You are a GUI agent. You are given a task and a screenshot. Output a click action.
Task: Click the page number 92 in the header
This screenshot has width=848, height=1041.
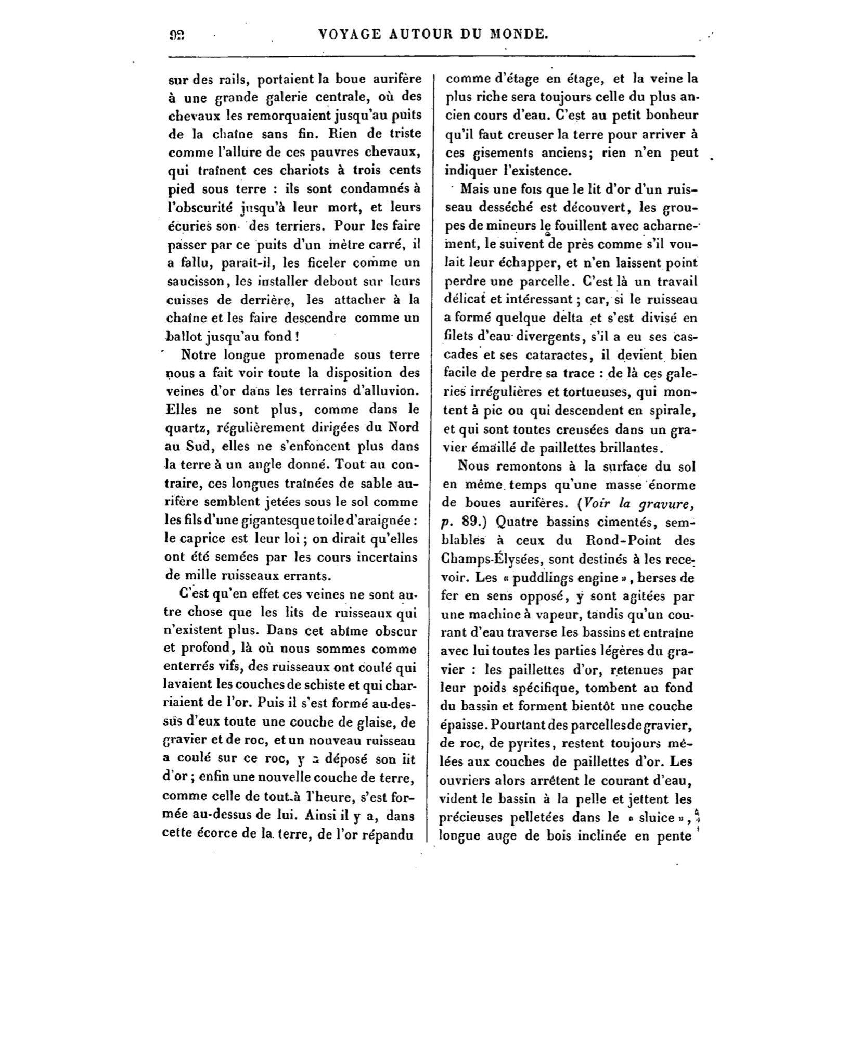coord(177,35)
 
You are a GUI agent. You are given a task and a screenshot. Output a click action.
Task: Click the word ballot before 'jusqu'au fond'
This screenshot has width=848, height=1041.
coord(184,336)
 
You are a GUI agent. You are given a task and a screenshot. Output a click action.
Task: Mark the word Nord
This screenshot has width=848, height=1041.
coord(404,427)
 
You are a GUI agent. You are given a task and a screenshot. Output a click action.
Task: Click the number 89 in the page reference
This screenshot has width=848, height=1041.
coord(472,522)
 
